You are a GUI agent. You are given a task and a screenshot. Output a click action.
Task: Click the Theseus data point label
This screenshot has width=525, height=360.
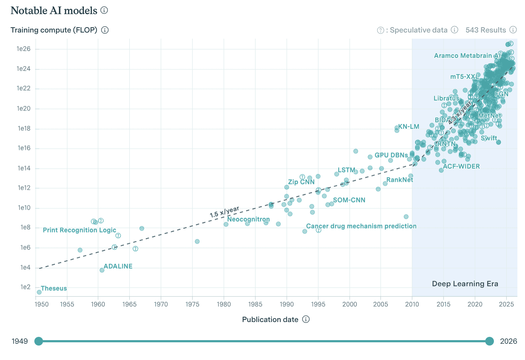[54, 288]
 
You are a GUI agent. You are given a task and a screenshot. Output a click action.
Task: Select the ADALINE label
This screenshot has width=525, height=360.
[118, 266]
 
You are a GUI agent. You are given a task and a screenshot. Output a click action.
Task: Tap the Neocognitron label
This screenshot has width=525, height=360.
[248, 219]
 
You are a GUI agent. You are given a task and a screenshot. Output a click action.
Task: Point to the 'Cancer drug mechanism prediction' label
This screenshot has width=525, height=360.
[361, 226]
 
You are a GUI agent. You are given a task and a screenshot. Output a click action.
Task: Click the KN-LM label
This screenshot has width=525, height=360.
[409, 127]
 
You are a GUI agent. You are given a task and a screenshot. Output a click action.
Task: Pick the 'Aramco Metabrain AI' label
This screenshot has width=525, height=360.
[467, 56]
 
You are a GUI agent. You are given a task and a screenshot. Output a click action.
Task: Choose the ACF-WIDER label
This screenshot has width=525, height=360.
[461, 167]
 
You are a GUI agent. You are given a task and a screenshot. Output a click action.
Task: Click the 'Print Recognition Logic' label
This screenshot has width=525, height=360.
[80, 230]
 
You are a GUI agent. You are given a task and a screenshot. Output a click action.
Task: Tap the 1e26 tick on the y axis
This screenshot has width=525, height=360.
[23, 49]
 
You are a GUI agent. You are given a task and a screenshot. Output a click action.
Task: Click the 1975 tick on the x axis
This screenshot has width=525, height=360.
[192, 304]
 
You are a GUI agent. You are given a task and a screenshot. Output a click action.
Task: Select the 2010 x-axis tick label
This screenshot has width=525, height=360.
[412, 304]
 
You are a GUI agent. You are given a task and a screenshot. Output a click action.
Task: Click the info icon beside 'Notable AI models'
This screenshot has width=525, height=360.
[104, 10]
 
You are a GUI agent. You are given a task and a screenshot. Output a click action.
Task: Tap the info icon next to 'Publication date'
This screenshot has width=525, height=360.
[306, 319]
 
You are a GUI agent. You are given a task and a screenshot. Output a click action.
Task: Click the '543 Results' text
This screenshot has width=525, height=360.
[486, 30]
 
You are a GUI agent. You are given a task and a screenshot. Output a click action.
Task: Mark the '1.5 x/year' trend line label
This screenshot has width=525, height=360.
[224, 212]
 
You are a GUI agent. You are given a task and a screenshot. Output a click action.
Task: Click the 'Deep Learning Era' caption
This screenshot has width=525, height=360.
[465, 284]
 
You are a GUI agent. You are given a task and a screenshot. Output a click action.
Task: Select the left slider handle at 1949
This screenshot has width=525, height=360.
[39, 341]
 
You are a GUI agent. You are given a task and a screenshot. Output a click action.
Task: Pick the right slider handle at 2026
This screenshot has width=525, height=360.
[490, 341]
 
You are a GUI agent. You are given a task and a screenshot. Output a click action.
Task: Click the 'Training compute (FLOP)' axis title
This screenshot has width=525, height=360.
[54, 30]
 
